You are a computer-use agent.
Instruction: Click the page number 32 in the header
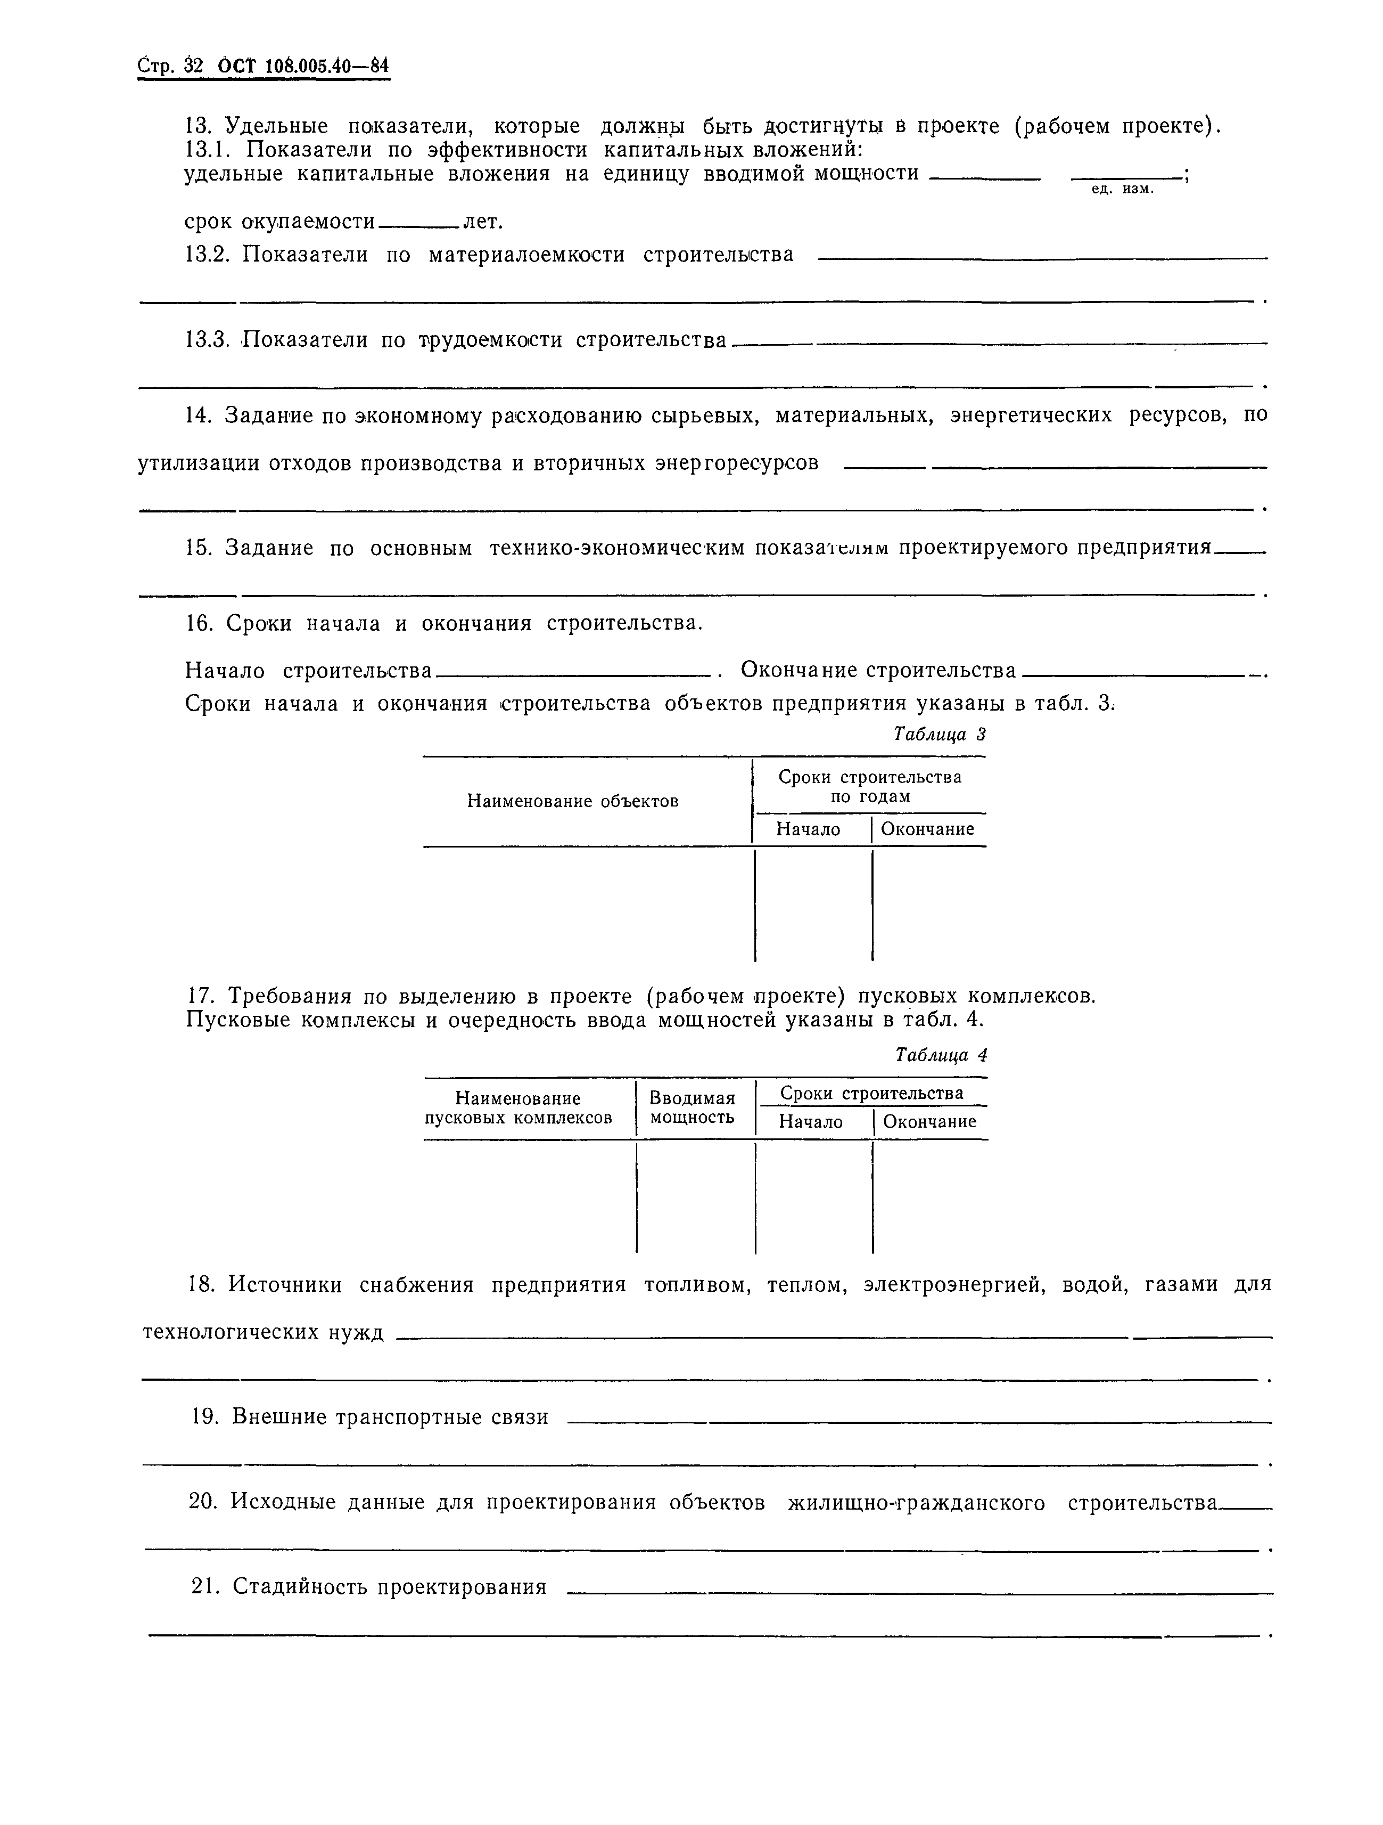pyautogui.click(x=193, y=67)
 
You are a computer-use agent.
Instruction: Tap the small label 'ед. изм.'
pyautogui.click(x=1122, y=190)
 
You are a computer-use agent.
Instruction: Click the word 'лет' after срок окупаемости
pyautogui.click(x=482, y=222)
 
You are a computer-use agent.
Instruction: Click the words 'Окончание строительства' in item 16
pyautogui.click(x=878, y=670)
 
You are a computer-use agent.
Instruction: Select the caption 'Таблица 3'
pyautogui.click(x=940, y=734)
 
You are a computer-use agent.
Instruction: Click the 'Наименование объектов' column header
pyautogui.click(x=572, y=800)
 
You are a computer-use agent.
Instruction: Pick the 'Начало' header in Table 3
pyautogui.click(x=808, y=829)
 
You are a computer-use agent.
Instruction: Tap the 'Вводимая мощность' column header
pyautogui.click(x=692, y=1108)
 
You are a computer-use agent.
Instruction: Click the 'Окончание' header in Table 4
pyautogui.click(x=929, y=1121)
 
